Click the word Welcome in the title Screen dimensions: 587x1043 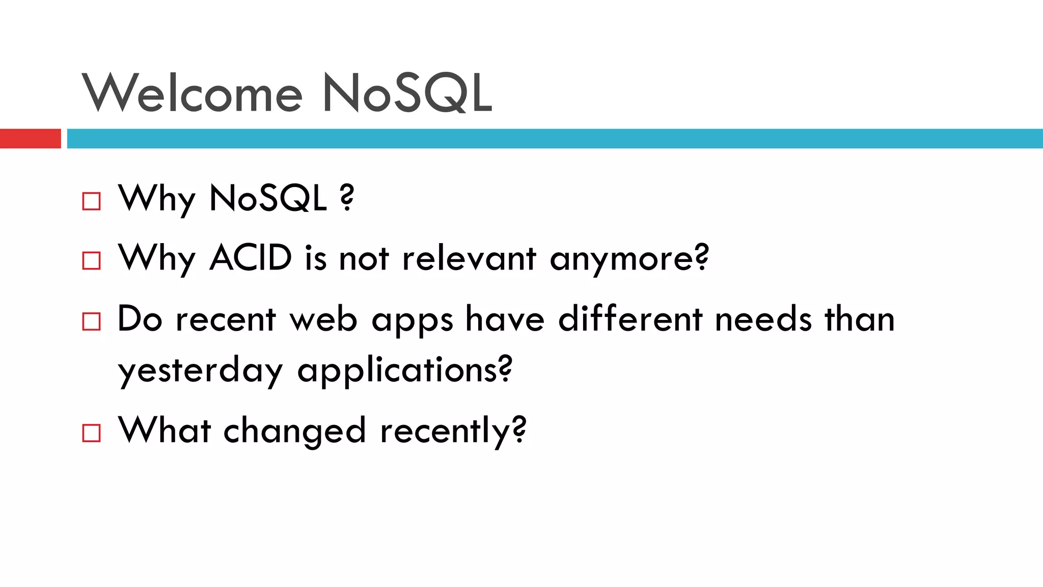(x=193, y=93)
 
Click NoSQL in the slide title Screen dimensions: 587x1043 (x=407, y=93)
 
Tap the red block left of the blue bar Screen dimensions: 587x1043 (x=30, y=139)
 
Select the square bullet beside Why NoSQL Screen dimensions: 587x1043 (x=91, y=201)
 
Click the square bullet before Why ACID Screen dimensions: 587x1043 (x=91, y=261)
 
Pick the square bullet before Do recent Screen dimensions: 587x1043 (x=91, y=322)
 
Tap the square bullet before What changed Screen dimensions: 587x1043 (x=91, y=433)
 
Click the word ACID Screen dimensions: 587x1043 (x=251, y=258)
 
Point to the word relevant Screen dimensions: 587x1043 (x=469, y=258)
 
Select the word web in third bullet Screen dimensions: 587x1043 (x=323, y=320)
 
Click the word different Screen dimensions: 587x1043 (x=630, y=319)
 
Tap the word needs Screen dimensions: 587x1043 (x=763, y=320)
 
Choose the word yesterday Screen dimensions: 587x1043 (x=200, y=371)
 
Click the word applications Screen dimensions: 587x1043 (x=398, y=371)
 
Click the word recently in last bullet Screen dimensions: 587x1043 (x=446, y=431)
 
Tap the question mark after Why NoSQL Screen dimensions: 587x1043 (x=347, y=198)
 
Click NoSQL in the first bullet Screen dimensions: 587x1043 (x=268, y=198)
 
